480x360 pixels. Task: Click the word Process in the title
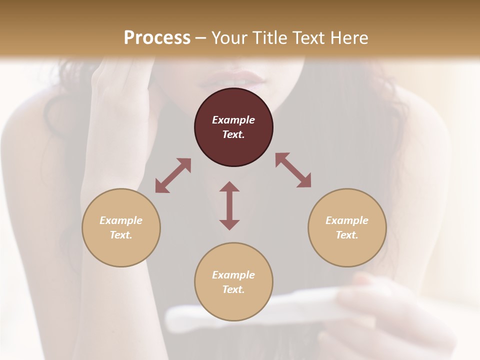157,37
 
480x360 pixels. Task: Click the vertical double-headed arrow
229,205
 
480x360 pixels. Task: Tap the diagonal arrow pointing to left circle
173,175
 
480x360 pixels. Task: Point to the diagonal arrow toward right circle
293,170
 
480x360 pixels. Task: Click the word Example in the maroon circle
233,120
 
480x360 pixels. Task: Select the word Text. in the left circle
121,235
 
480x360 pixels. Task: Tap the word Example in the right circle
347,220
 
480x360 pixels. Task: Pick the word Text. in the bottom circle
233,289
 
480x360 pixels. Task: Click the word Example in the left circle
121,220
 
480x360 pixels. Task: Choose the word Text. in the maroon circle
233,134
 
